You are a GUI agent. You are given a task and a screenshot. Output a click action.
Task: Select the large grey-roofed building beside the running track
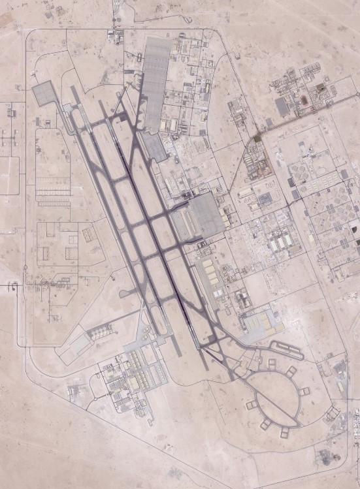tap(282, 106)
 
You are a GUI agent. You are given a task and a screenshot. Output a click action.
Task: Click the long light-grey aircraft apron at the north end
tap(155, 82)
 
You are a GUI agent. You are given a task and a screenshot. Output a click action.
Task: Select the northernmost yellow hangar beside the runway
tap(208, 265)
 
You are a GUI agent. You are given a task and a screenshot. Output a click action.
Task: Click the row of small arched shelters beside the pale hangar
tap(102, 332)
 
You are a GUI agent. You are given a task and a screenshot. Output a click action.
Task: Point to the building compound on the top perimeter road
tap(115, 37)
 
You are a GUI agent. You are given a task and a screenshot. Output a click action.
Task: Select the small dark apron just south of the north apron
tap(155, 148)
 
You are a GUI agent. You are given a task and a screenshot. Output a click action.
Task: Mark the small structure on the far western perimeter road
tap(11, 285)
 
